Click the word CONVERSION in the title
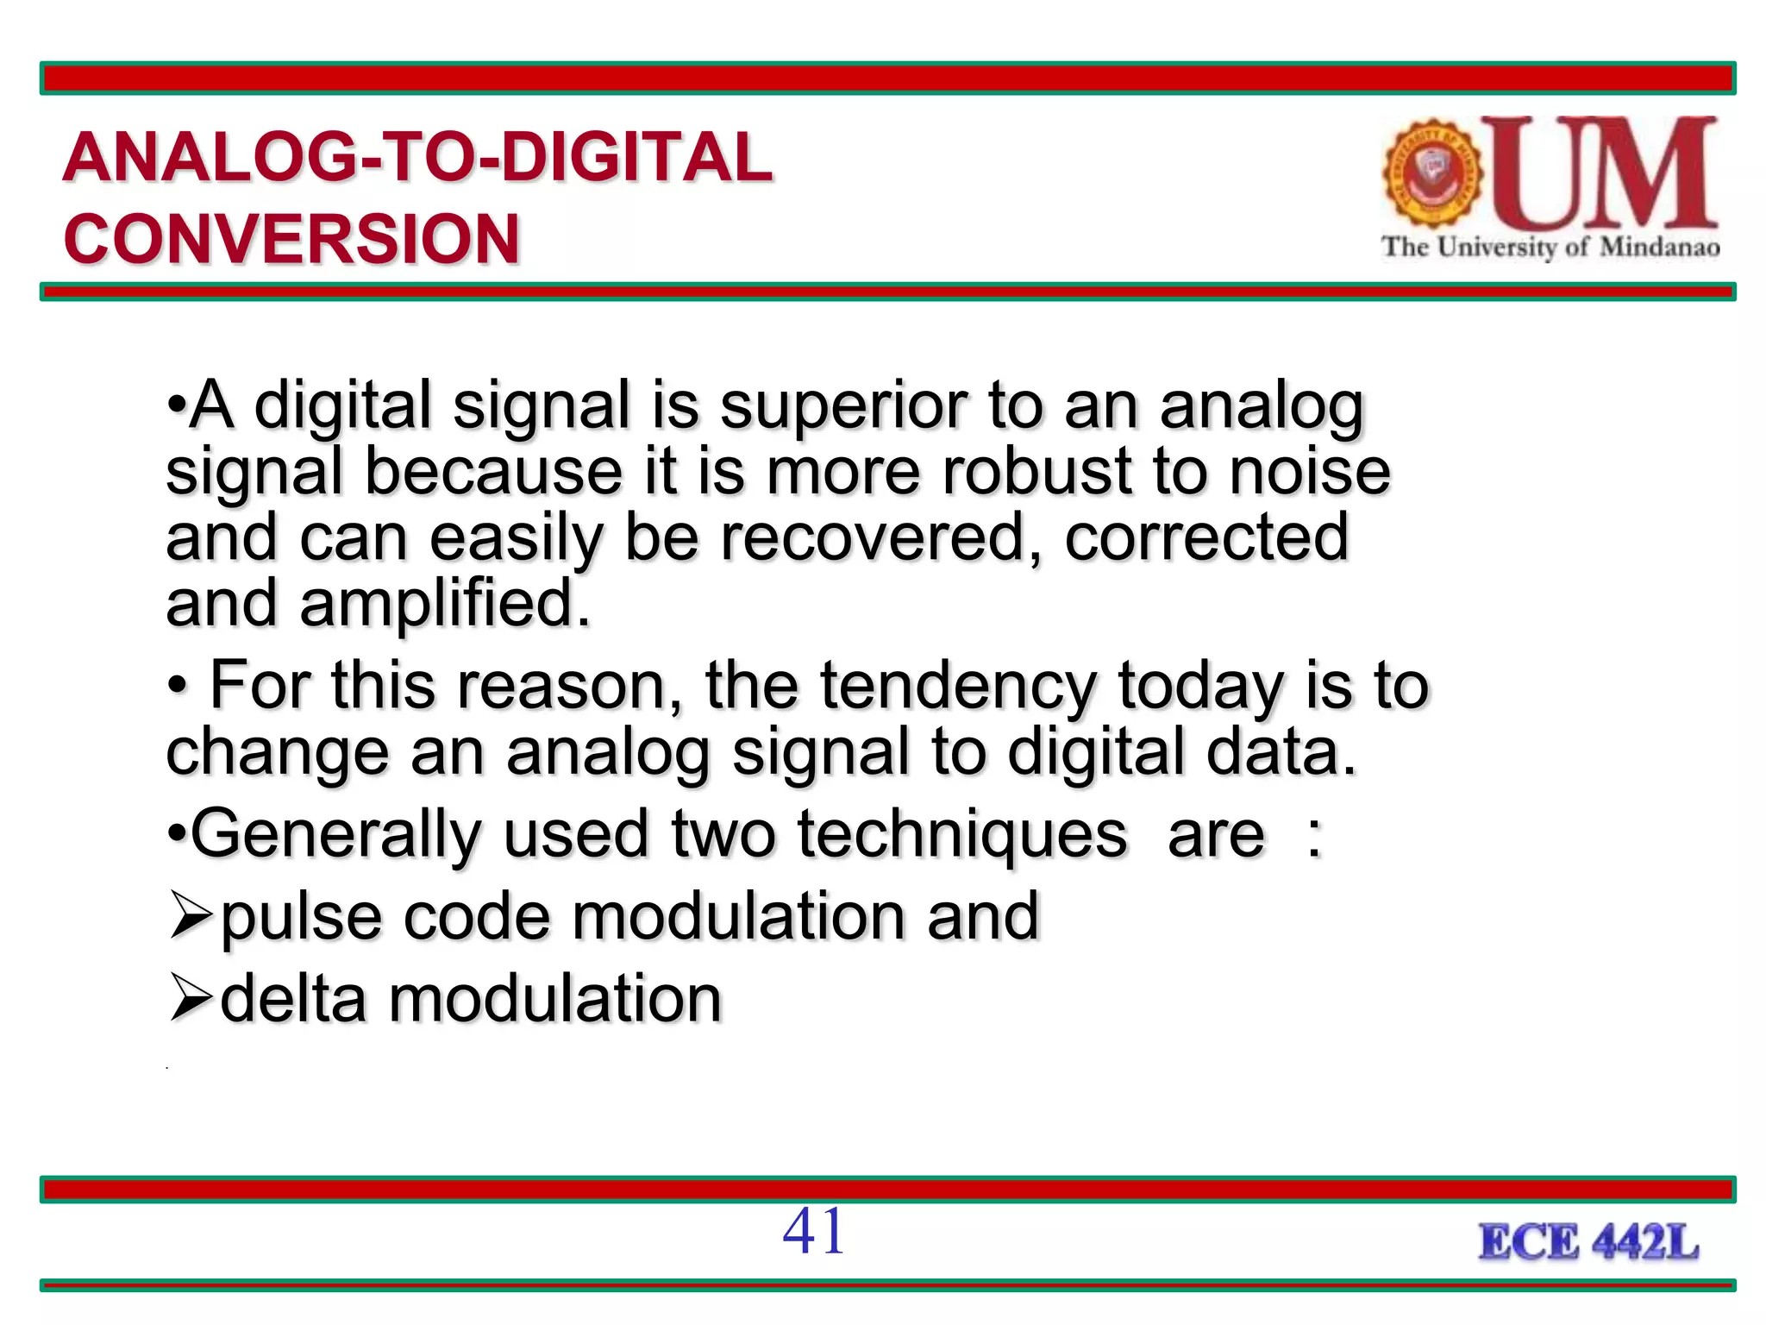tap(291, 239)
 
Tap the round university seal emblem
tap(1432, 173)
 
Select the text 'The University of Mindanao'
tap(1550, 248)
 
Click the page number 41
tap(813, 1231)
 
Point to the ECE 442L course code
tap(1588, 1243)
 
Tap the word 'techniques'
tap(961, 834)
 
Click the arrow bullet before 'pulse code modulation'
tap(191, 916)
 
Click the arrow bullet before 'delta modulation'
tap(191, 998)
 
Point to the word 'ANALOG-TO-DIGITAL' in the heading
tap(418, 158)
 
